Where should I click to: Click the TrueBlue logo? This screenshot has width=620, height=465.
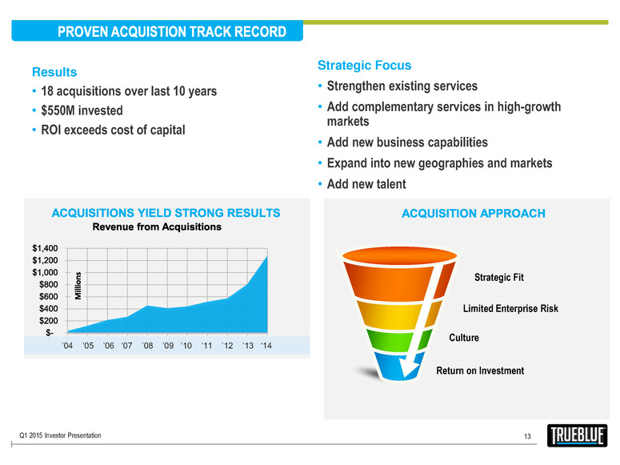(x=577, y=435)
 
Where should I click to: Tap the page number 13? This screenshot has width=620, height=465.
(x=527, y=436)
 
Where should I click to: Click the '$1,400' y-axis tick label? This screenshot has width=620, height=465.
(x=45, y=248)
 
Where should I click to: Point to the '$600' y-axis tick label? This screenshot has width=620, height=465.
(x=48, y=296)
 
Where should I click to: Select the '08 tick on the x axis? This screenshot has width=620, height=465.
(x=147, y=346)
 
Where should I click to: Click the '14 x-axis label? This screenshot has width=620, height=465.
(x=266, y=346)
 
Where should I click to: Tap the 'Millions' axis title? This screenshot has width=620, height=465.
(x=78, y=286)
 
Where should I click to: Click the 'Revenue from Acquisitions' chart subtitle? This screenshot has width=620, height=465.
(x=157, y=226)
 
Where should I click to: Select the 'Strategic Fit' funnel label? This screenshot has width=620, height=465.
(x=499, y=277)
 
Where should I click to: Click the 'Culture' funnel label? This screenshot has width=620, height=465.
(x=464, y=338)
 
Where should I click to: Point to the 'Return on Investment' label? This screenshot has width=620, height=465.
(x=480, y=371)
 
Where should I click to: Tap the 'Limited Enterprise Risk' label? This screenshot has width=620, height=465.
(x=510, y=308)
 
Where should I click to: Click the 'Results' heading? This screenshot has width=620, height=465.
(x=54, y=72)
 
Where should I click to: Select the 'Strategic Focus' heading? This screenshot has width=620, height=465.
(x=364, y=66)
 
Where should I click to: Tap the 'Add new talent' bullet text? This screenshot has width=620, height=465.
(x=366, y=184)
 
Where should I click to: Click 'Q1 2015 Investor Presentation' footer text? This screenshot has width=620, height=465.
(x=60, y=435)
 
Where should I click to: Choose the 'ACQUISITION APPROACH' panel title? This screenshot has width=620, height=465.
(x=474, y=214)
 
